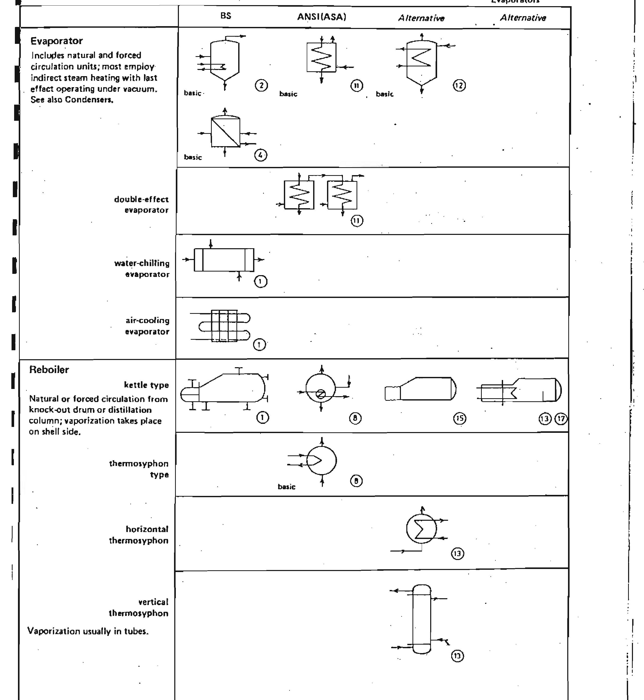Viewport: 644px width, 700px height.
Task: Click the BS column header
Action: tap(225, 16)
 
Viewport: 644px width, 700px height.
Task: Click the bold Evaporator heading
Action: tap(56, 41)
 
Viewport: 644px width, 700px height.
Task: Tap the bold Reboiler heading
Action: tap(49, 370)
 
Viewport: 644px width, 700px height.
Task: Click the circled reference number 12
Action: tap(459, 86)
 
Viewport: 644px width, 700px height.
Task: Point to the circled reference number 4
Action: tap(260, 155)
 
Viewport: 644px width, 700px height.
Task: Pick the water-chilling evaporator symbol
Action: tap(224, 260)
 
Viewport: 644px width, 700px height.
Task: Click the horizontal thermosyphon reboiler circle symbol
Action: tap(421, 529)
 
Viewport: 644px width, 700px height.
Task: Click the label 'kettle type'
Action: tap(146, 385)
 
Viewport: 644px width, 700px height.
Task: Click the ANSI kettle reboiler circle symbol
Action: tap(321, 388)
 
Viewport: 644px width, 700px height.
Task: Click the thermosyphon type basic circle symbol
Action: tap(321, 461)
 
